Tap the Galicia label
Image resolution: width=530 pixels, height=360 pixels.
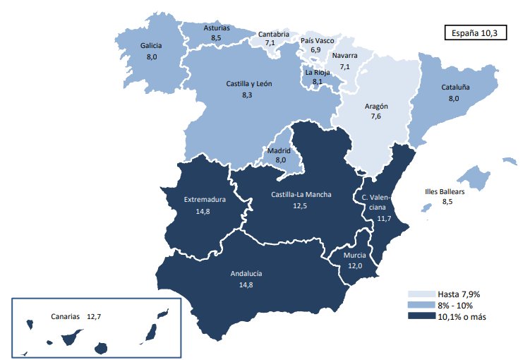coord(151,46)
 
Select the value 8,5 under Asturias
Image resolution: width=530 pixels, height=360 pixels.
coord(217,38)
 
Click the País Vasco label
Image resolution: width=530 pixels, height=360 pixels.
coord(317,41)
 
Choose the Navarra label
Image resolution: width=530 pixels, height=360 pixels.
coord(345,56)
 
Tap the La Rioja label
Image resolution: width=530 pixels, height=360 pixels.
coord(317,72)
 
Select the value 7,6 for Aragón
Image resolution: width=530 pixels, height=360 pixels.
coord(376,117)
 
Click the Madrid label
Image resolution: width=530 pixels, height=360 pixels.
coord(279,150)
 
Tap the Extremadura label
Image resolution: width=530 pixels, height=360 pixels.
coord(204,199)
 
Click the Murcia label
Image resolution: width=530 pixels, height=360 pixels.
coord(354,255)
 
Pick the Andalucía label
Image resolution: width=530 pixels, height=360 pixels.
coord(246,273)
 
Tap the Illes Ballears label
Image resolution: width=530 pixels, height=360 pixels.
coord(446,191)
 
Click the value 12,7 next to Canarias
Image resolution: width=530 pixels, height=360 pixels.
coord(95,317)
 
